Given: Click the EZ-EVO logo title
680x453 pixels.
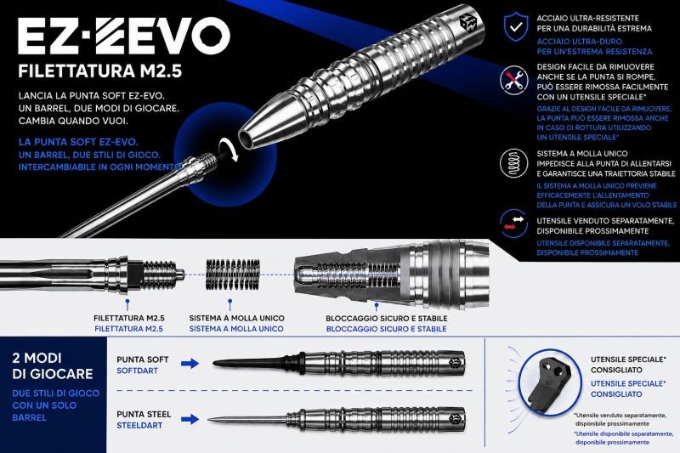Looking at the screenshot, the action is [124, 36].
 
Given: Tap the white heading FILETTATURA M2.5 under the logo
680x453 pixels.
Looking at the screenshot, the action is [99, 71].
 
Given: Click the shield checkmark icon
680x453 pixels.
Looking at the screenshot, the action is [516, 27].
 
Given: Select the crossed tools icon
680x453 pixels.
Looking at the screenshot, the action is [514, 80].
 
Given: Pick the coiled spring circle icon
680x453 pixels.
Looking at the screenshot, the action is [514, 163].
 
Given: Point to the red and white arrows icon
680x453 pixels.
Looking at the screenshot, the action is [514, 224].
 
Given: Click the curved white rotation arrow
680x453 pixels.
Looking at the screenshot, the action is [229, 150].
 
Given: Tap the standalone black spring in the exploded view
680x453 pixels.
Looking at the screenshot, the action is [233, 275].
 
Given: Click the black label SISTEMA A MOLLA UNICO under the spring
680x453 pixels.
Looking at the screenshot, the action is [237, 318].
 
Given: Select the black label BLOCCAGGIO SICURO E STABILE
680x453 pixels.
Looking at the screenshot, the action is [387, 318].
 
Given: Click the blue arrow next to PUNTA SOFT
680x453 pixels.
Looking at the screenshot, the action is [190, 363].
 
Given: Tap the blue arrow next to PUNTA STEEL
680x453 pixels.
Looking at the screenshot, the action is [190, 419].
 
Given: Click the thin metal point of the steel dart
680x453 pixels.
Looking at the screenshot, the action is [248, 419].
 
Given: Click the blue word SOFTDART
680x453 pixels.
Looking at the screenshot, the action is [137, 371].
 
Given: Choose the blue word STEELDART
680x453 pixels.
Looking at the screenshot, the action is [139, 425].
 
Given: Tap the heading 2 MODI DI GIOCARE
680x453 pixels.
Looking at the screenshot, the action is [53, 365].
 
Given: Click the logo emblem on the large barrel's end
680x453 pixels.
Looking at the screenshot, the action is [468, 23].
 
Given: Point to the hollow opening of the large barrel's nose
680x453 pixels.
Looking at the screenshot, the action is [246, 139].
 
